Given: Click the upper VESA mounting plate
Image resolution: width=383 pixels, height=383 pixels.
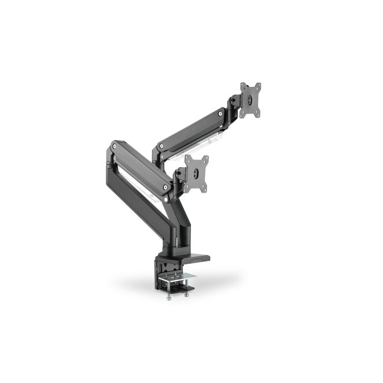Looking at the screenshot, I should [x=251, y=100].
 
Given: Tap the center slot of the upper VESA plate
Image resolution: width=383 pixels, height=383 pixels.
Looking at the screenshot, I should [x=251, y=100].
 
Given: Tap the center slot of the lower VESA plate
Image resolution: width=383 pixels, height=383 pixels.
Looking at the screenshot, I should [x=197, y=171].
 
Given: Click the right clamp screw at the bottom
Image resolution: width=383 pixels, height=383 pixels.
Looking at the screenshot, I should [x=187, y=294].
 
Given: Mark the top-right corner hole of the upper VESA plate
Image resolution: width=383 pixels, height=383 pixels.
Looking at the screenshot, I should [x=259, y=85].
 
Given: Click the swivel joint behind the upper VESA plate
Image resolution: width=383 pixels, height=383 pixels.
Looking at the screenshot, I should [x=234, y=104].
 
